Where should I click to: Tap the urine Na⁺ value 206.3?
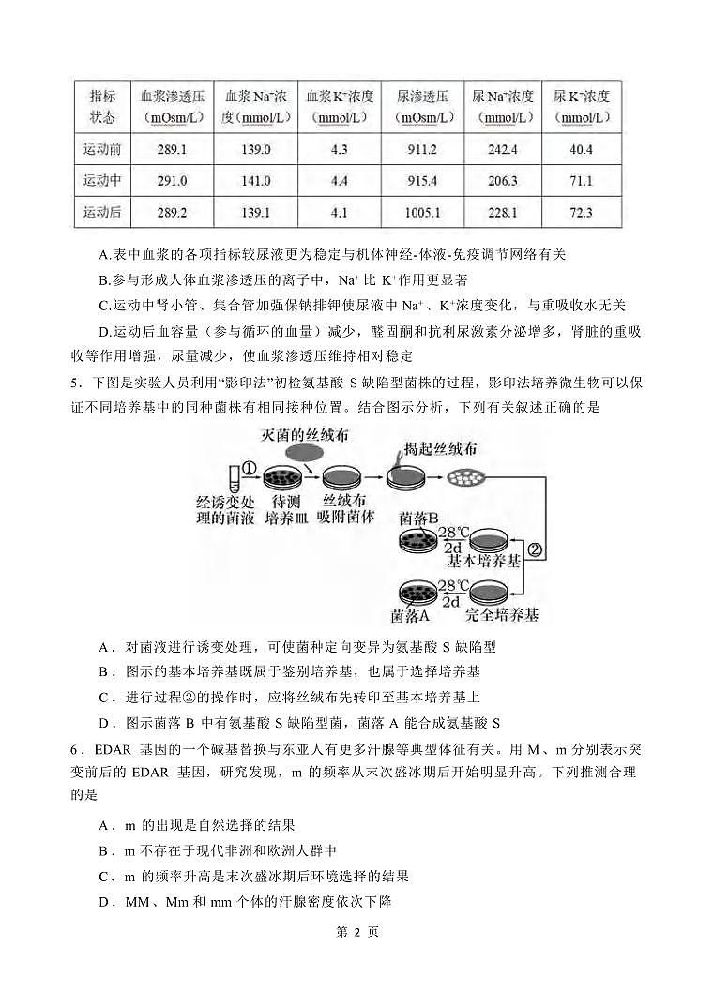tap(503, 181)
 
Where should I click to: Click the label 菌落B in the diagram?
tap(418, 519)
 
